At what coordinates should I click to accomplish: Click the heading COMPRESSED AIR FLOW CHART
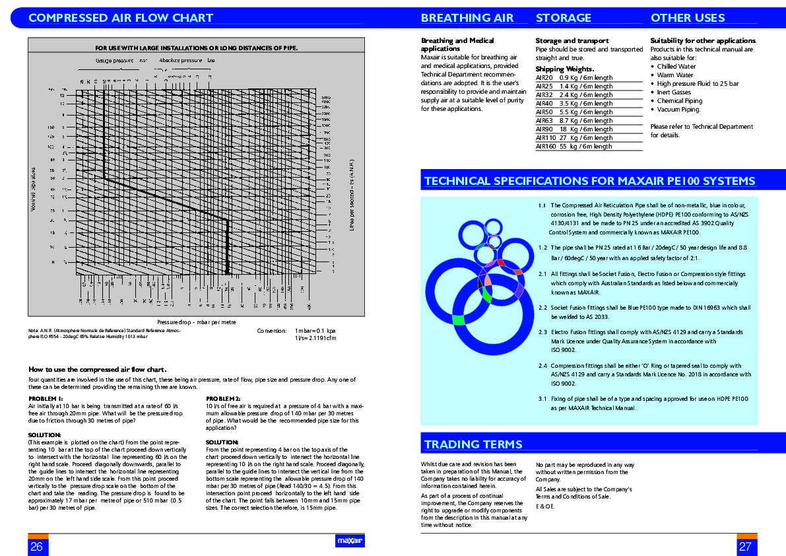121,18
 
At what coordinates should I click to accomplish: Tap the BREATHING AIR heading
467,18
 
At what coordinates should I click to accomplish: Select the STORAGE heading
564,18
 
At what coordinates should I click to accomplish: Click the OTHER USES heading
688,18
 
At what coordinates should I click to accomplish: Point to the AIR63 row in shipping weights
574,121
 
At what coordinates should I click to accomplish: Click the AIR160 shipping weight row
574,147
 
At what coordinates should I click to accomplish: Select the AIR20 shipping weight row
574,78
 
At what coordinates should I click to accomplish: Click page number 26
36,546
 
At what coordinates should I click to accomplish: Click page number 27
745,546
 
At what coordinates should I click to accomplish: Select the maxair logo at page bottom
350,541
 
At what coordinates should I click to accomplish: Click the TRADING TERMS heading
473,444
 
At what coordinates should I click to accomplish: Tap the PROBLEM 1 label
46,399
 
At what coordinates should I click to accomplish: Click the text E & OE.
545,506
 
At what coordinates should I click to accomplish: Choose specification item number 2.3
542,332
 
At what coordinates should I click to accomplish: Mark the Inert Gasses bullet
675,92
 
